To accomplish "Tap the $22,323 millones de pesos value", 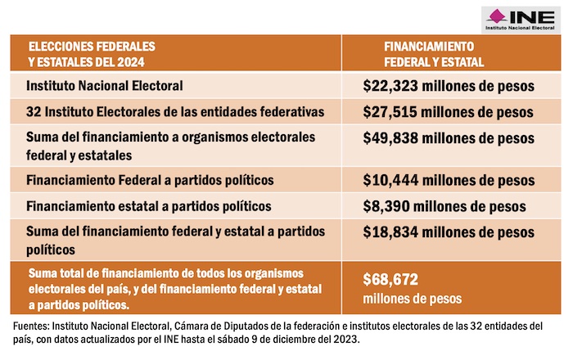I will click(x=449, y=85).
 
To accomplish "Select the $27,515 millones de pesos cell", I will click(x=449, y=110).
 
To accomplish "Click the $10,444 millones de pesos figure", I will click(x=449, y=180).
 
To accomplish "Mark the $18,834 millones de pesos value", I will click(x=449, y=232).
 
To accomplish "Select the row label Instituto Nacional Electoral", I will click(x=104, y=85).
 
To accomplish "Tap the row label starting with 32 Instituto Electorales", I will click(x=163, y=110).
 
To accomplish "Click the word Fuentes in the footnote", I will click(x=29, y=326).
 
